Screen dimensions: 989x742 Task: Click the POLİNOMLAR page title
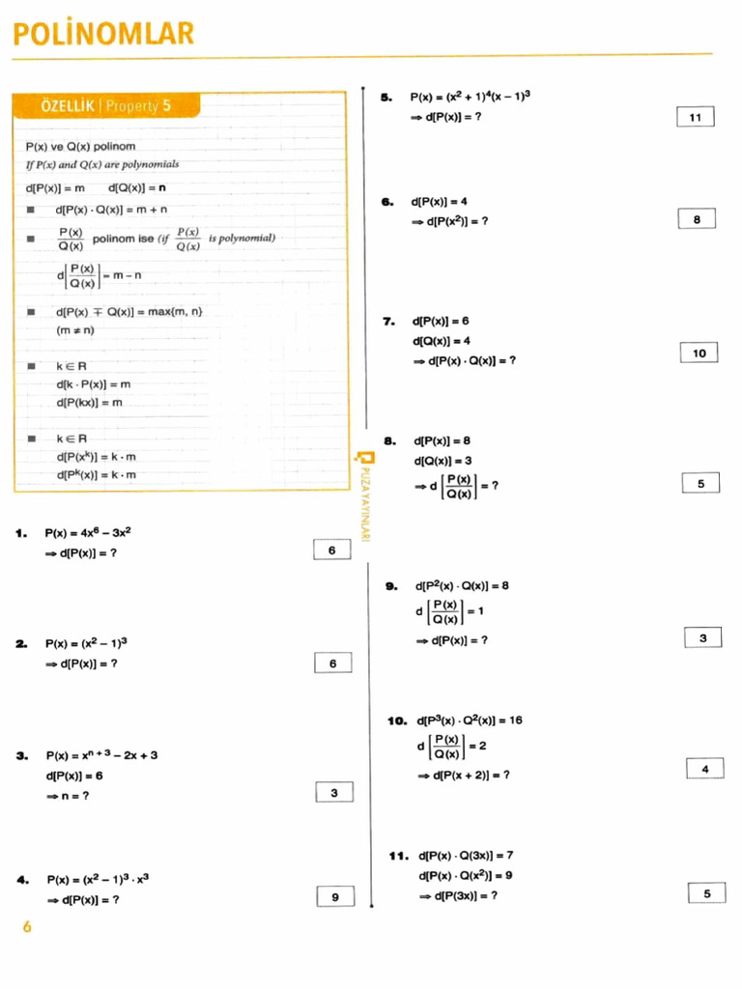click(x=103, y=35)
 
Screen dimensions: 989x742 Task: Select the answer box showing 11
click(x=695, y=117)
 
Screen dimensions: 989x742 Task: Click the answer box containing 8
click(x=697, y=219)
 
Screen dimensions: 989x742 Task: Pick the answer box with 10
click(x=699, y=353)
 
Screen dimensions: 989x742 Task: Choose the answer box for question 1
click(x=332, y=551)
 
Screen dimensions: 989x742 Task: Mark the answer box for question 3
click(x=334, y=793)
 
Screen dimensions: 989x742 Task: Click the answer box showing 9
click(x=335, y=896)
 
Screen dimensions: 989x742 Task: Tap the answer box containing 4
click(x=705, y=769)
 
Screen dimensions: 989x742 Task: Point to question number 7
click(x=390, y=321)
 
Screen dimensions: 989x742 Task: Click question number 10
click(x=397, y=721)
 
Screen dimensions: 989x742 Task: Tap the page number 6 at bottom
click(x=27, y=927)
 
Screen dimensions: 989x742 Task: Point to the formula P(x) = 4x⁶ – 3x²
click(x=88, y=532)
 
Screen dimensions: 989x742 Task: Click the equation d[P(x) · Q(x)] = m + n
click(x=111, y=209)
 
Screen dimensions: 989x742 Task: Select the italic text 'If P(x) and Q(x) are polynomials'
click(x=102, y=164)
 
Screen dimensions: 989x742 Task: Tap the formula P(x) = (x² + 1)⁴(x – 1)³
click(x=471, y=97)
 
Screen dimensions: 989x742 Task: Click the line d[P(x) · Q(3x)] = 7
click(x=466, y=855)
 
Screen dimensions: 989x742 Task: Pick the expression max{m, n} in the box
click(x=176, y=311)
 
